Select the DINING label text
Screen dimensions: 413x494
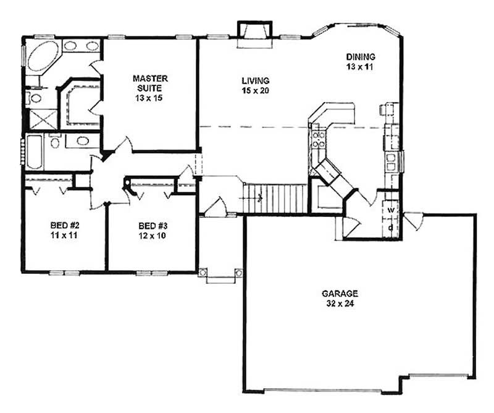point(361,57)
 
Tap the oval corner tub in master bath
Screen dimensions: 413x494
point(41,57)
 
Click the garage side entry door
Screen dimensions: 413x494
point(412,218)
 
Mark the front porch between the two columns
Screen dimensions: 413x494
point(219,276)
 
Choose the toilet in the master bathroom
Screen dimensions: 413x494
point(36,97)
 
